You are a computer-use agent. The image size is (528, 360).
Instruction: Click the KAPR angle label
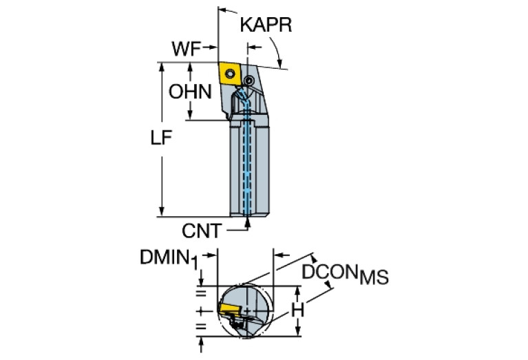[266, 25]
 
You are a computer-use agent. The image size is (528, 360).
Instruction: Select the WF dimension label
[186, 49]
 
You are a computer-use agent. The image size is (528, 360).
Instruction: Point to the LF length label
[161, 138]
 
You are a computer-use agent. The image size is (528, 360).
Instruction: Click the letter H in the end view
[297, 311]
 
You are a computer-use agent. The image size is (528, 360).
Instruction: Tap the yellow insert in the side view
[229, 74]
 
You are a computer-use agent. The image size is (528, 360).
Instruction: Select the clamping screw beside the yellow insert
[250, 81]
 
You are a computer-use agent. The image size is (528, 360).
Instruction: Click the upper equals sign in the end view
[201, 294]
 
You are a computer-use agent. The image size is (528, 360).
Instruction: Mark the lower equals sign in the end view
[201, 326]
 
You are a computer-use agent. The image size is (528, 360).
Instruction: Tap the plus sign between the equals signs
[201, 310]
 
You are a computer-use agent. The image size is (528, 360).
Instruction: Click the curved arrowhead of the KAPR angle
[278, 61]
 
